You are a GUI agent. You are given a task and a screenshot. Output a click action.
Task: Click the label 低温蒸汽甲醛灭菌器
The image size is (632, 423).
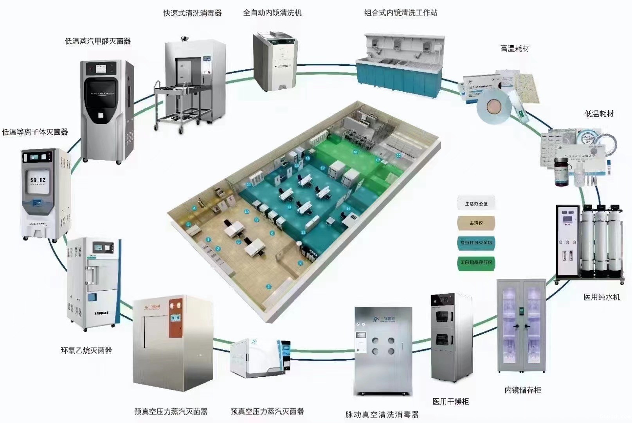point(98,41)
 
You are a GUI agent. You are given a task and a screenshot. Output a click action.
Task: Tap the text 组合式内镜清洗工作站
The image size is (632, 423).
point(401,13)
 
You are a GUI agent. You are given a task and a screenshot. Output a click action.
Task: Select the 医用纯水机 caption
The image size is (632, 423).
point(601,297)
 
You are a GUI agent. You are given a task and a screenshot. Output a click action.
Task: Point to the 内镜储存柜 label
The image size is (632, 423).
point(523,390)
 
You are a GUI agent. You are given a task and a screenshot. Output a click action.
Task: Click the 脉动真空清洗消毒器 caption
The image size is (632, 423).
point(382,414)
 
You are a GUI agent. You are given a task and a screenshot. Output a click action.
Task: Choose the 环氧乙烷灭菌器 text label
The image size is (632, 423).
point(86,350)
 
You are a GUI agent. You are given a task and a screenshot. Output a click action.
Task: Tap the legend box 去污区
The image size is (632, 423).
point(476,223)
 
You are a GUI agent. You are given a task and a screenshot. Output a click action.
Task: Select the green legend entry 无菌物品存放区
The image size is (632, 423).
point(476,262)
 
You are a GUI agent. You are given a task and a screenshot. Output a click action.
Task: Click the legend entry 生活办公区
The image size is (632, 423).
point(476,204)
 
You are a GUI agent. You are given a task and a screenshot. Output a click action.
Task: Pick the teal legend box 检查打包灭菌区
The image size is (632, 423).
point(476,243)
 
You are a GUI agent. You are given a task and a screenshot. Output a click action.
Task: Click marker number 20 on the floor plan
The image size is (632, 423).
point(398,155)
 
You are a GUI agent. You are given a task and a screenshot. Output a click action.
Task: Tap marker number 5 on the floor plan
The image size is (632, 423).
point(268,287)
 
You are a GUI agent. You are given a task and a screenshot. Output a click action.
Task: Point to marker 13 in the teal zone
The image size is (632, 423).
point(289,207)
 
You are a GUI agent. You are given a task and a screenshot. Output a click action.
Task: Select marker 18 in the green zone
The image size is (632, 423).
point(355,152)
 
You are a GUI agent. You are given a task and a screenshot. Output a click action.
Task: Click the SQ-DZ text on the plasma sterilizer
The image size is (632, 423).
point(38,180)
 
